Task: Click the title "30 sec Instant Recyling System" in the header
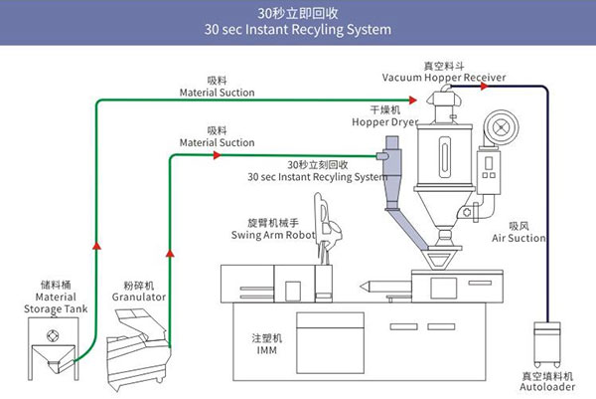(x=297, y=30)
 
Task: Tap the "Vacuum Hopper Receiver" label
(x=444, y=77)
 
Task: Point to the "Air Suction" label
(x=519, y=239)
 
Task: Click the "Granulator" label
(x=138, y=297)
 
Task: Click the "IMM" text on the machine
(x=267, y=351)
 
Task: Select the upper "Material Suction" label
(x=217, y=93)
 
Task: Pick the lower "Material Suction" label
(x=217, y=142)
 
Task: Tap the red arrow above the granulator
(x=170, y=254)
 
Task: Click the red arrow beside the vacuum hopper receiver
(x=484, y=87)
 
